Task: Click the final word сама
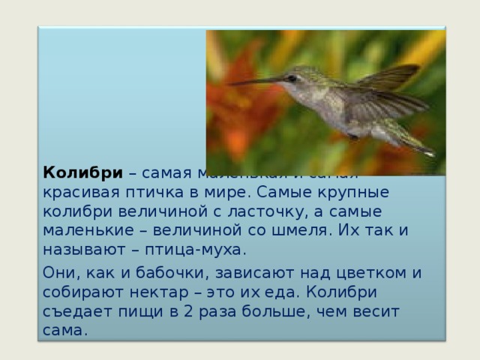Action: [65, 330]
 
